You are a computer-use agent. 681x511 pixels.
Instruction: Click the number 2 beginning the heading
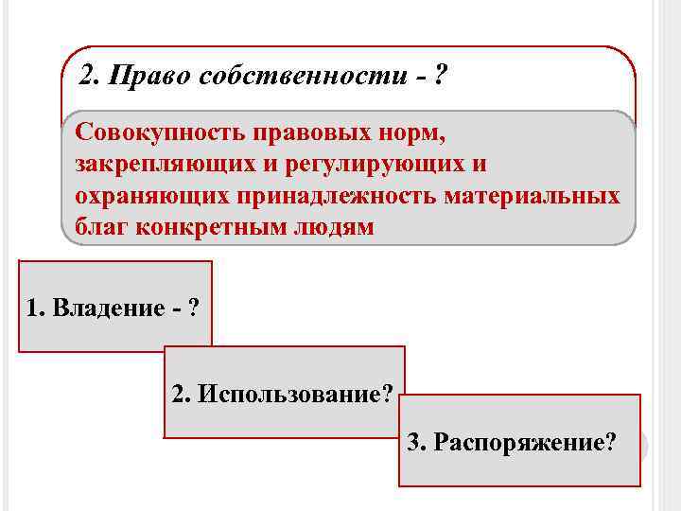(x=88, y=76)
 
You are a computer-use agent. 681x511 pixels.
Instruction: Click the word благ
(x=96, y=228)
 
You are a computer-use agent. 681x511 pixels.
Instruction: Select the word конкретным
(x=199, y=228)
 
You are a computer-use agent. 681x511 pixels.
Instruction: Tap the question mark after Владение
(x=194, y=308)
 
